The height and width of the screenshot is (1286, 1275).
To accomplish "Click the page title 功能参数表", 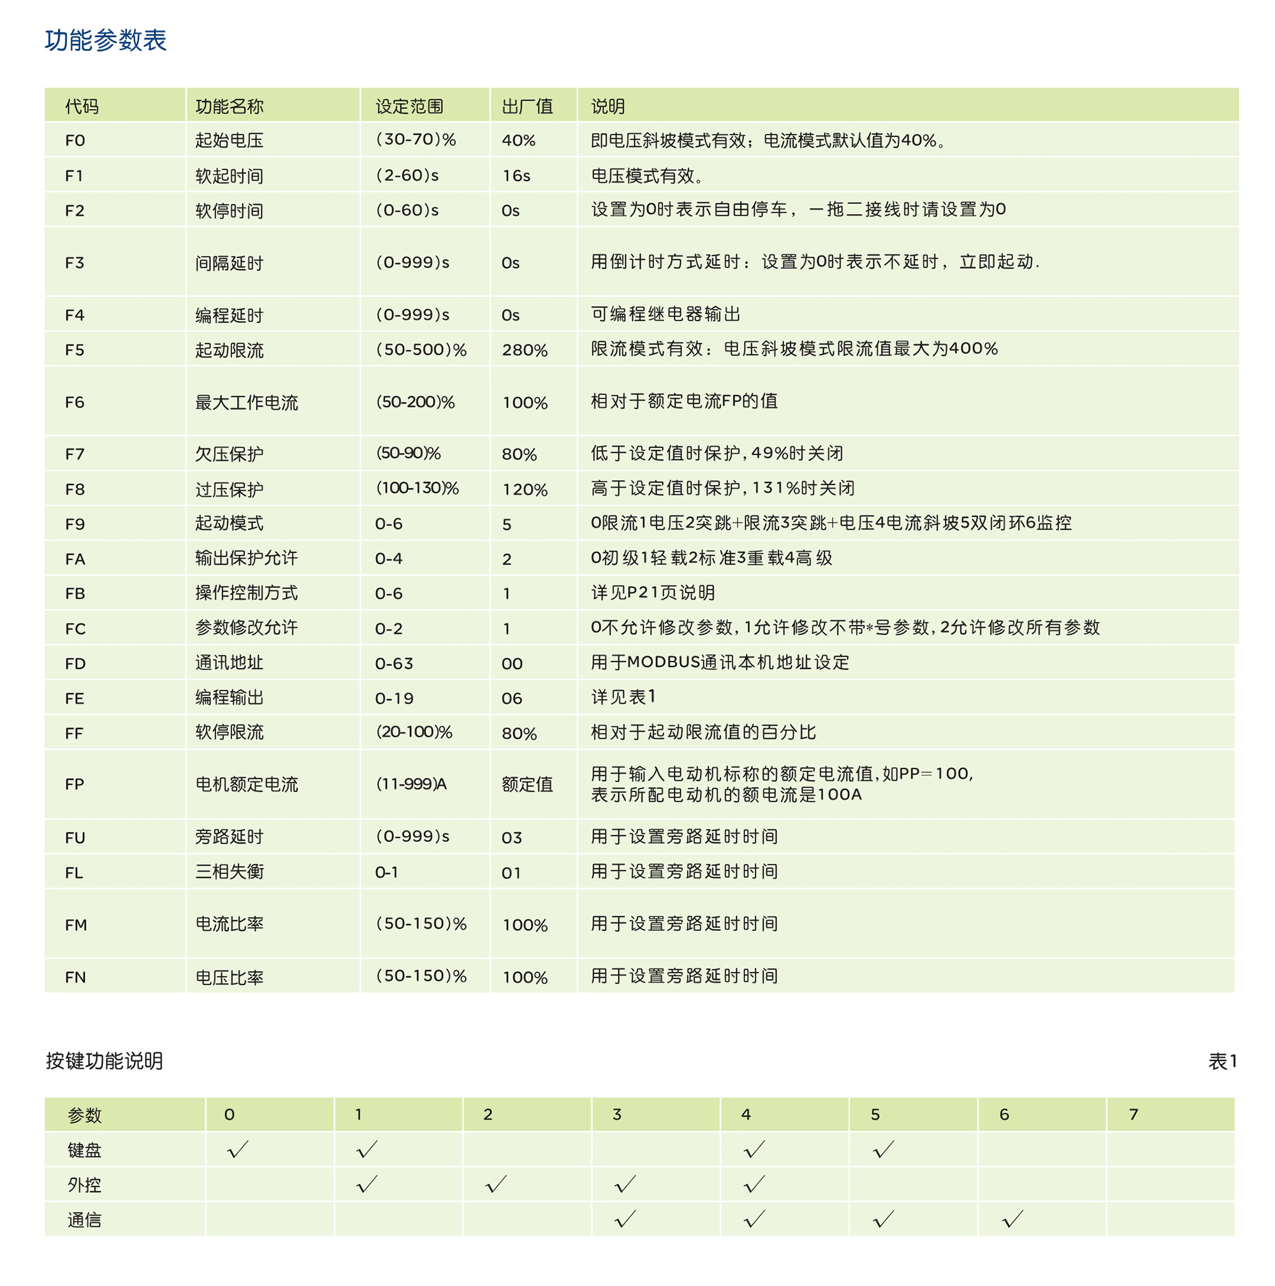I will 105,40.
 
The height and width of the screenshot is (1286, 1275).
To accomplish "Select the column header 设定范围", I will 409,106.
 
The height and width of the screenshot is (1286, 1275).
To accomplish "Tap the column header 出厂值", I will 527,106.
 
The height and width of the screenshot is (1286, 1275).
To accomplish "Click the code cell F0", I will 75,140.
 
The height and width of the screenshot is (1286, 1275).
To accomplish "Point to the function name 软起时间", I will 229,176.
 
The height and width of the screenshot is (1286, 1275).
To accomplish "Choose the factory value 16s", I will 516,176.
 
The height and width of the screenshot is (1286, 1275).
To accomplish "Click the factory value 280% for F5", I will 525,350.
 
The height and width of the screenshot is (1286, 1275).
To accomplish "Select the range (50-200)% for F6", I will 416,402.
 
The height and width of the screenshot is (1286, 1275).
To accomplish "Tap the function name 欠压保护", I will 229,454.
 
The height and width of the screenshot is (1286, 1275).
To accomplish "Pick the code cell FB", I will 75,593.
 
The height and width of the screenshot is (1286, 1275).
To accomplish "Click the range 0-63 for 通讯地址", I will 394,663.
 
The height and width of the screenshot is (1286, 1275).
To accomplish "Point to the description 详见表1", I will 623,697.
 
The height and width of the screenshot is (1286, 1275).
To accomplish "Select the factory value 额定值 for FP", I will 527,784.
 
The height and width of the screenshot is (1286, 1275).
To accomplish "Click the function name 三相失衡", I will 229,871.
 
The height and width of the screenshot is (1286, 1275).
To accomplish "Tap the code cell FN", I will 75,976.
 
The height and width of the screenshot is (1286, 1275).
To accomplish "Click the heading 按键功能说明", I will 104,1061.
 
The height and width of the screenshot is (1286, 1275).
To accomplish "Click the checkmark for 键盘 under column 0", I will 237,1149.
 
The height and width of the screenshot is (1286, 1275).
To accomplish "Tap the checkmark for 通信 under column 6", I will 1012,1219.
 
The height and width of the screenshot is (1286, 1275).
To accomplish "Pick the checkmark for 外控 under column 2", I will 495,1184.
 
